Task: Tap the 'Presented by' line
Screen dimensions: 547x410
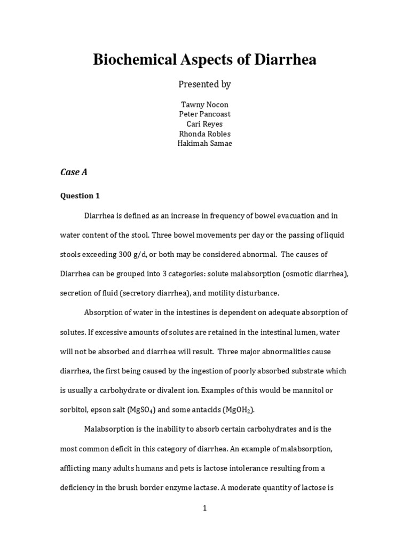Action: coord(204,84)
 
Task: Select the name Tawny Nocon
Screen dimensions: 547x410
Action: coord(204,105)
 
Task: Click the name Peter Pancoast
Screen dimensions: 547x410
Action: coord(204,114)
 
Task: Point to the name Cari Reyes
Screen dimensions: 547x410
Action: coord(204,124)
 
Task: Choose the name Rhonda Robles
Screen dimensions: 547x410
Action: coord(204,134)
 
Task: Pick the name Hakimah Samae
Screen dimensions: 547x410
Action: coord(204,144)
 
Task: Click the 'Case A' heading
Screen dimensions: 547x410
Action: coord(73,172)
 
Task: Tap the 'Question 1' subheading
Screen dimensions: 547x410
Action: coord(80,196)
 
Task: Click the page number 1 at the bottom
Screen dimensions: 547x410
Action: coord(204,509)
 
